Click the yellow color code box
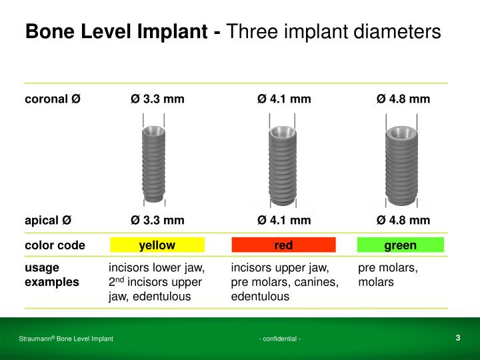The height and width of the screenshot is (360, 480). coord(157,245)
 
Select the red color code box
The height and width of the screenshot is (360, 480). coord(283,245)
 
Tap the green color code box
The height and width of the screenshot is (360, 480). coord(400,245)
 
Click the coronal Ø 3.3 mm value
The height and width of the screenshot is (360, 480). coord(157,99)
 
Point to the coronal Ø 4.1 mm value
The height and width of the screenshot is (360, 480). coord(284,99)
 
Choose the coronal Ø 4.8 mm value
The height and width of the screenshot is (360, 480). coord(403,99)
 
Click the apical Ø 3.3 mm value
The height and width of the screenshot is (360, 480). coord(157,220)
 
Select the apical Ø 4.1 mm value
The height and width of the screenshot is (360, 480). coord(284,220)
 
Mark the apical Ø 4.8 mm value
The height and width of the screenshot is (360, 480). coord(403,220)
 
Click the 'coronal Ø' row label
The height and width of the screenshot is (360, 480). coord(53,99)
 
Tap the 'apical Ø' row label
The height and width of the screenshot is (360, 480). coord(48,220)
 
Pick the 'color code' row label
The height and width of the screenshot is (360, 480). coord(55,245)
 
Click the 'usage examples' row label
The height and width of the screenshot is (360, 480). coord(51,275)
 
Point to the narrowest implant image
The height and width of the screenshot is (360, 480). coord(153,163)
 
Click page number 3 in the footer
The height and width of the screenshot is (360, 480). coord(458,337)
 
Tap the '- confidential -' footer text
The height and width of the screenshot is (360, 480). coord(280,339)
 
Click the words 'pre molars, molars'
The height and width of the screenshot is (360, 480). coord(388,275)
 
